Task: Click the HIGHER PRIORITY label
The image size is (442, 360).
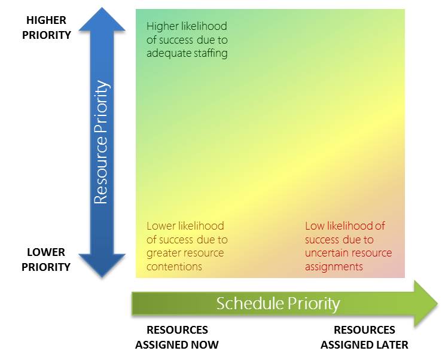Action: click(x=47, y=28)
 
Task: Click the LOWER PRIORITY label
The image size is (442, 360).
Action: click(x=46, y=260)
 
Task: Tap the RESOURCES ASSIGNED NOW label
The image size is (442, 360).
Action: click(x=177, y=337)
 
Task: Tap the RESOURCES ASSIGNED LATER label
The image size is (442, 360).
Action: click(x=364, y=337)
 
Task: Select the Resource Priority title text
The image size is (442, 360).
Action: click(x=101, y=142)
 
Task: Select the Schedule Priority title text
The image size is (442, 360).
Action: click(x=278, y=304)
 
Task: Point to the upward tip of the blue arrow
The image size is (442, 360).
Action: click(x=102, y=8)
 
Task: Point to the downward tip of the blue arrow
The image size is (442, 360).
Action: click(x=102, y=277)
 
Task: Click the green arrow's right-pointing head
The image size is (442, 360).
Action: click(x=438, y=304)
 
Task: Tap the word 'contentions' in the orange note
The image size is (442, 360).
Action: click(x=174, y=267)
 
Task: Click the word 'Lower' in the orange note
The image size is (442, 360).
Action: click(x=158, y=226)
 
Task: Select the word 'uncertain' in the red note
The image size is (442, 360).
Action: click(x=325, y=253)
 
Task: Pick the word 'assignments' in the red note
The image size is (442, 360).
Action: click(x=334, y=267)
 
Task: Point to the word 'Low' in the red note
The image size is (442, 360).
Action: click(x=314, y=226)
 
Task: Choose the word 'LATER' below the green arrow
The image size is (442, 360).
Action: click(x=394, y=345)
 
